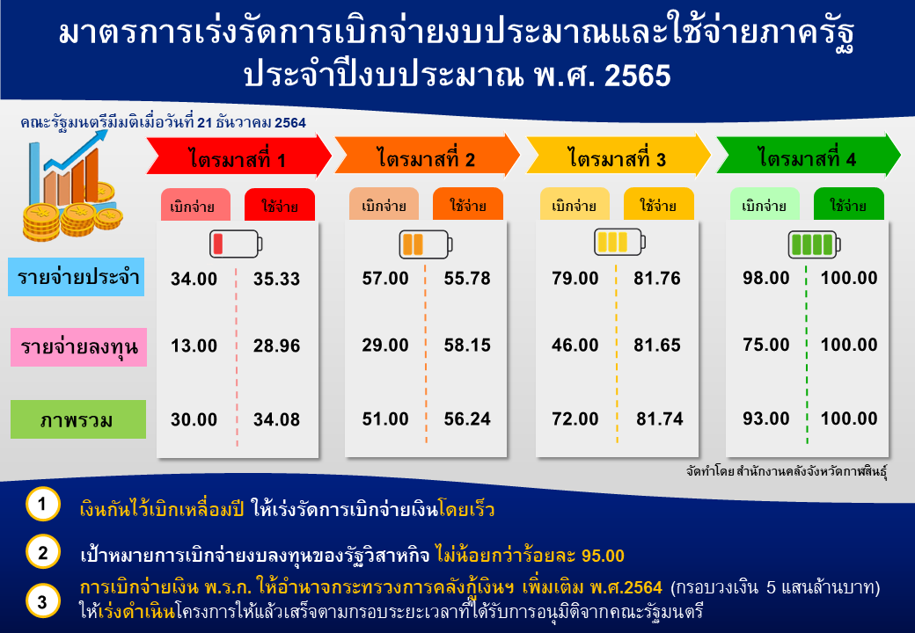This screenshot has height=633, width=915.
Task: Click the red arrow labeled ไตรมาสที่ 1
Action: click(238, 156)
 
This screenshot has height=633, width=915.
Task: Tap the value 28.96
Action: click(276, 346)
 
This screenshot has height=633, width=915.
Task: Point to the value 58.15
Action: click(467, 345)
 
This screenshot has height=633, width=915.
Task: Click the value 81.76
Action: click(657, 278)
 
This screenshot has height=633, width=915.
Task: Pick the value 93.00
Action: click(766, 418)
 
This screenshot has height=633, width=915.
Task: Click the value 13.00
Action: click(194, 346)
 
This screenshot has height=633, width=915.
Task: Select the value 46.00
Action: click(575, 345)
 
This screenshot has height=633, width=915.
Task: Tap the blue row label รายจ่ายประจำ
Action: click(77, 277)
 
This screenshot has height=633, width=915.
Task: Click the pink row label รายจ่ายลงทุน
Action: click(79, 347)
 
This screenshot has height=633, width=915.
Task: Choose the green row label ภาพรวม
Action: click(78, 419)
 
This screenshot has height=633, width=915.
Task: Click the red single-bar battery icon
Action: click(236, 244)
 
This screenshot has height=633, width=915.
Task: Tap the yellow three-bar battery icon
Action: click(619, 242)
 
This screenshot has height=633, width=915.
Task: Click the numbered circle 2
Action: click(43, 551)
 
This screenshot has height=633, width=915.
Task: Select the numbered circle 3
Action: click(43, 601)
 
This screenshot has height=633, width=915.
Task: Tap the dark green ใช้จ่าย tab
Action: click(849, 204)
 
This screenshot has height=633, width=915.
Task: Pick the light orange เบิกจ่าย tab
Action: click(384, 204)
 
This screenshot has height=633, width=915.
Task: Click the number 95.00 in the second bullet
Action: click(604, 556)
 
